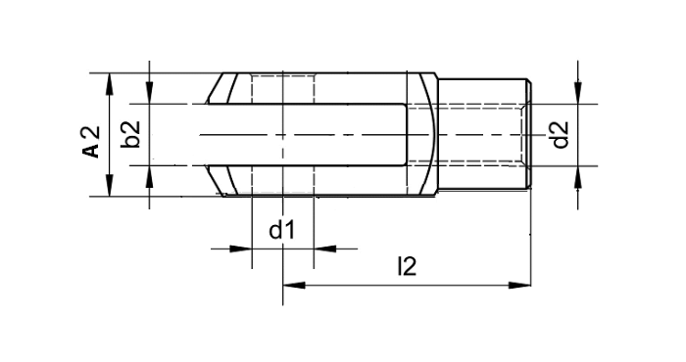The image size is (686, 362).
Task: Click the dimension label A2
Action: point(90,141)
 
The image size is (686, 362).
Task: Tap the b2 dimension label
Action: point(133,134)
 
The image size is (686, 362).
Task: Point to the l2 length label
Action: point(406,266)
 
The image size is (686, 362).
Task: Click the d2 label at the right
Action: point(560,134)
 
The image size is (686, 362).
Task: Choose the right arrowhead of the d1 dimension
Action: point(322,249)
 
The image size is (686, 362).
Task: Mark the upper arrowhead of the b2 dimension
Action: point(149,95)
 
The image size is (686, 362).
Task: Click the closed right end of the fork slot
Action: point(406,134)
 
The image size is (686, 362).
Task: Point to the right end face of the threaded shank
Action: point(530,134)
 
